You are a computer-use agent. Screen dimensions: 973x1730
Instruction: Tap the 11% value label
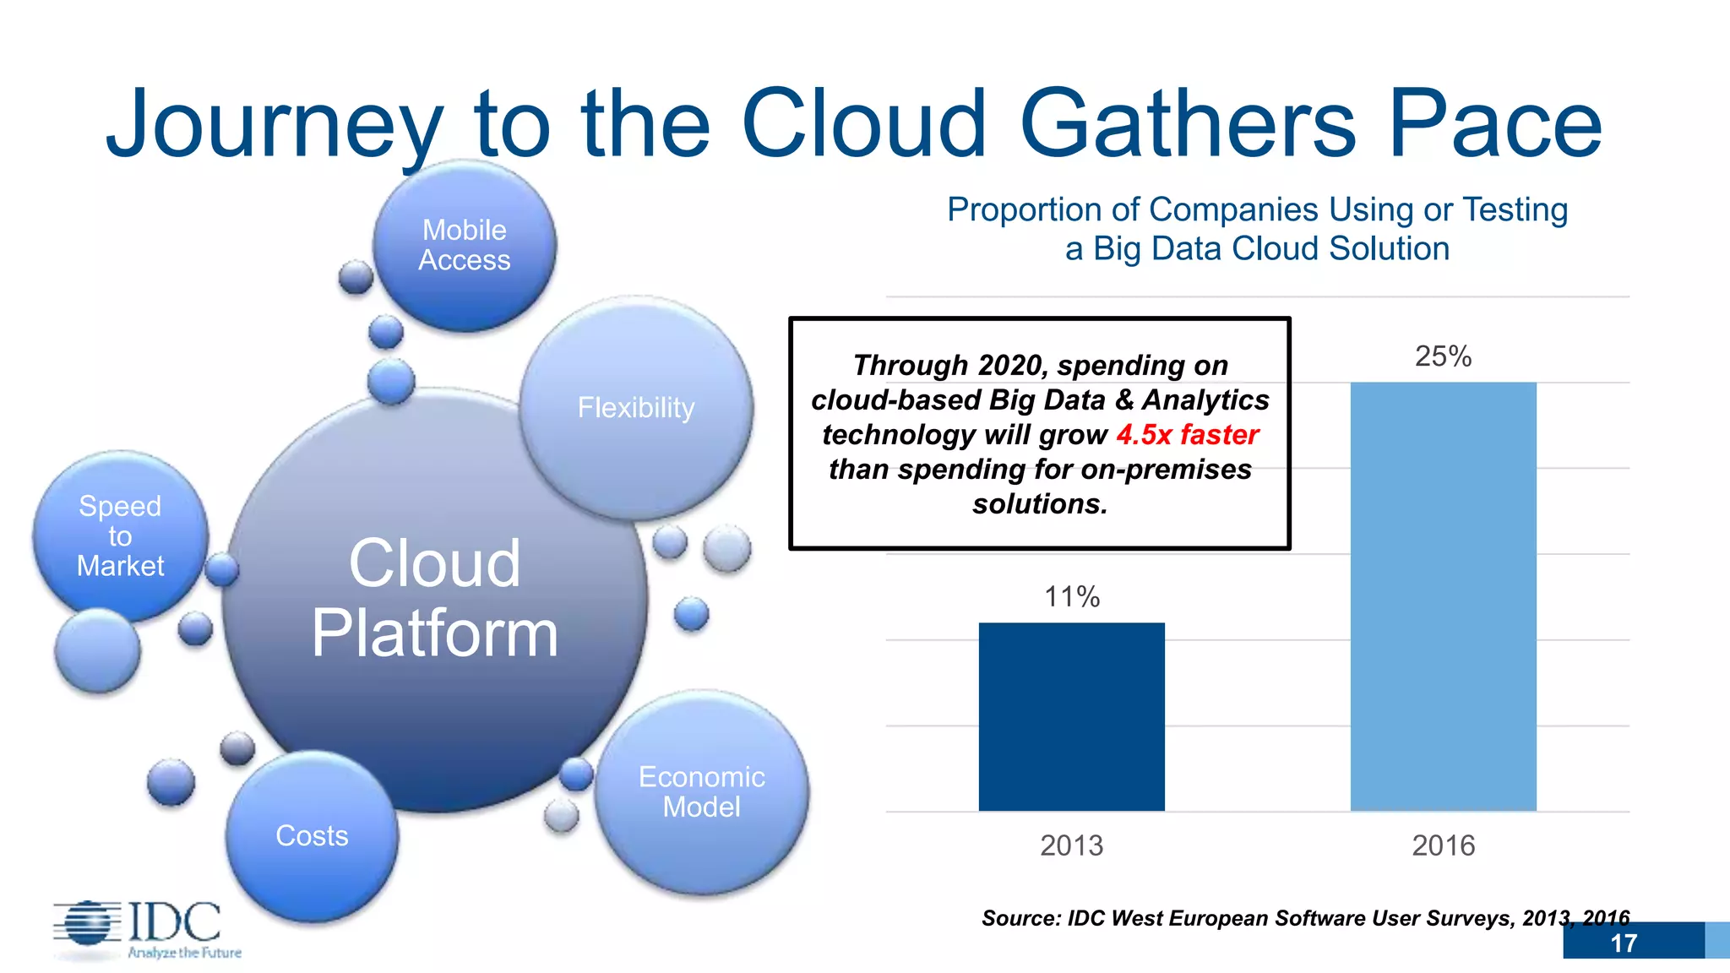pyautogui.click(x=1071, y=597)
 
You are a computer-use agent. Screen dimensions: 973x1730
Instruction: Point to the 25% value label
pyautogui.click(x=1443, y=356)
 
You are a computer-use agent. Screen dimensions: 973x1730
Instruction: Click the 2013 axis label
pyautogui.click(x=1071, y=845)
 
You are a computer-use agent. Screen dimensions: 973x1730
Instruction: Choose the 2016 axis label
pyautogui.click(x=1443, y=845)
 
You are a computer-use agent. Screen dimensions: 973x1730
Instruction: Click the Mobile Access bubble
pyautogui.click(x=465, y=245)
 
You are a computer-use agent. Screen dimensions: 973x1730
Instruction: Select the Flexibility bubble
pyautogui.click(x=636, y=408)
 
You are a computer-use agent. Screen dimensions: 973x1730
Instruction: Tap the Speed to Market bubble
pyautogui.click(x=120, y=535)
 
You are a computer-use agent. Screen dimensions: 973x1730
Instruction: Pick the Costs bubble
pyautogui.click(x=312, y=835)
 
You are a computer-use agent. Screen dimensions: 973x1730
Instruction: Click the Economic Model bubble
pyautogui.click(x=701, y=791)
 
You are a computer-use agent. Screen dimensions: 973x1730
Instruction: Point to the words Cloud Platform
pyautogui.click(x=434, y=598)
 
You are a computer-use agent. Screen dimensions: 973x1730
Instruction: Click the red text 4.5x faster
pyautogui.click(x=1187, y=435)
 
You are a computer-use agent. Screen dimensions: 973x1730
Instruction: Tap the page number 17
pyautogui.click(x=1623, y=943)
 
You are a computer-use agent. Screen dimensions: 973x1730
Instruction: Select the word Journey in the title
pyautogui.click(x=275, y=125)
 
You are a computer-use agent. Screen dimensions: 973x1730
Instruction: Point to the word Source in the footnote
pyautogui.click(x=1020, y=918)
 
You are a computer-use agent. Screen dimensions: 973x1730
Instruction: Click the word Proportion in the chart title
pyautogui.click(x=1043, y=209)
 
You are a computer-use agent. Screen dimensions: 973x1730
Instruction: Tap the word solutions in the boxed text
pyautogui.click(x=1039, y=504)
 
